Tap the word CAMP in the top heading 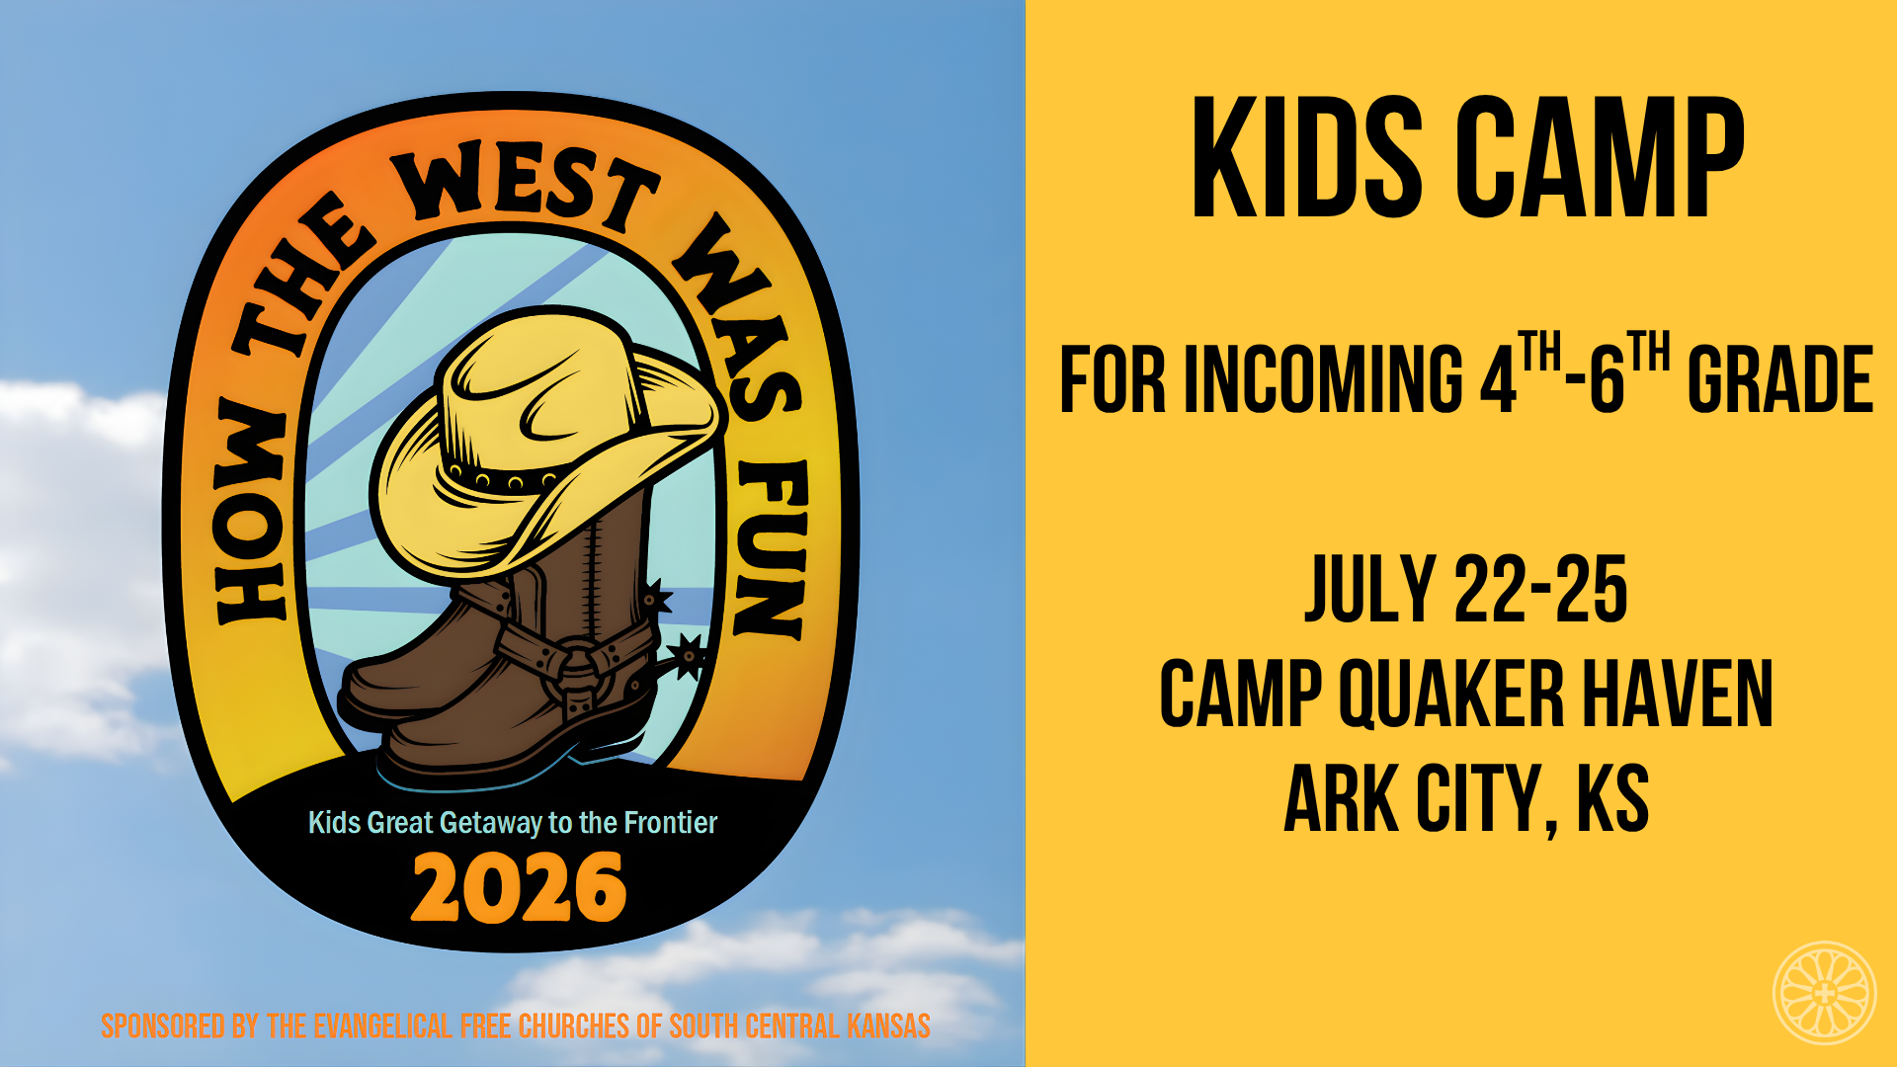[1601, 158]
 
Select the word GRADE [1779, 379]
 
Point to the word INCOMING [1323, 379]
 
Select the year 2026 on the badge [519, 888]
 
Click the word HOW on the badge [253, 514]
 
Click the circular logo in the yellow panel [1824, 993]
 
